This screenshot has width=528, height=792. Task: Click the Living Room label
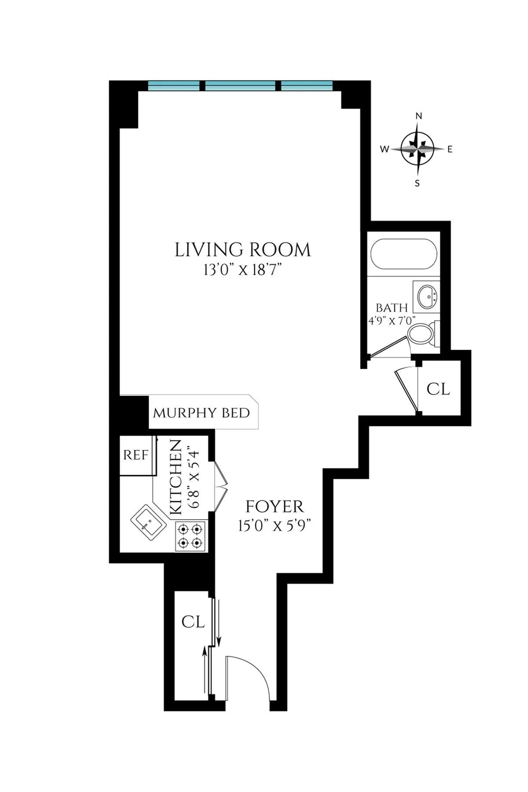click(242, 250)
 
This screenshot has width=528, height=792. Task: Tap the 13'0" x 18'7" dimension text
click(242, 270)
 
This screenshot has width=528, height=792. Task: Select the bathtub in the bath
click(403, 254)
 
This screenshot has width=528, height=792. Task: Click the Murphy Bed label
click(201, 413)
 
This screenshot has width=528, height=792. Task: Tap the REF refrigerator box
click(136, 455)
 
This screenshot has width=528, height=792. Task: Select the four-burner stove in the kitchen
click(190, 535)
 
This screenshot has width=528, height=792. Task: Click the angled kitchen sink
click(149, 522)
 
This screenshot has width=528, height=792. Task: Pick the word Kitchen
click(176, 477)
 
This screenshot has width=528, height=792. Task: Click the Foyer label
click(275, 507)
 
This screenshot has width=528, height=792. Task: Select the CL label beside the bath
click(438, 389)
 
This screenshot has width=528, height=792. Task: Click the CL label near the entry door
click(193, 622)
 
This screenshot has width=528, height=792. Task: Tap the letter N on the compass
click(418, 116)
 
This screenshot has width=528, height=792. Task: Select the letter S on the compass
click(417, 183)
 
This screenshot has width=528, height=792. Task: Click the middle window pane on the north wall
click(240, 85)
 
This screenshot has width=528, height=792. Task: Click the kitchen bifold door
click(221, 487)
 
